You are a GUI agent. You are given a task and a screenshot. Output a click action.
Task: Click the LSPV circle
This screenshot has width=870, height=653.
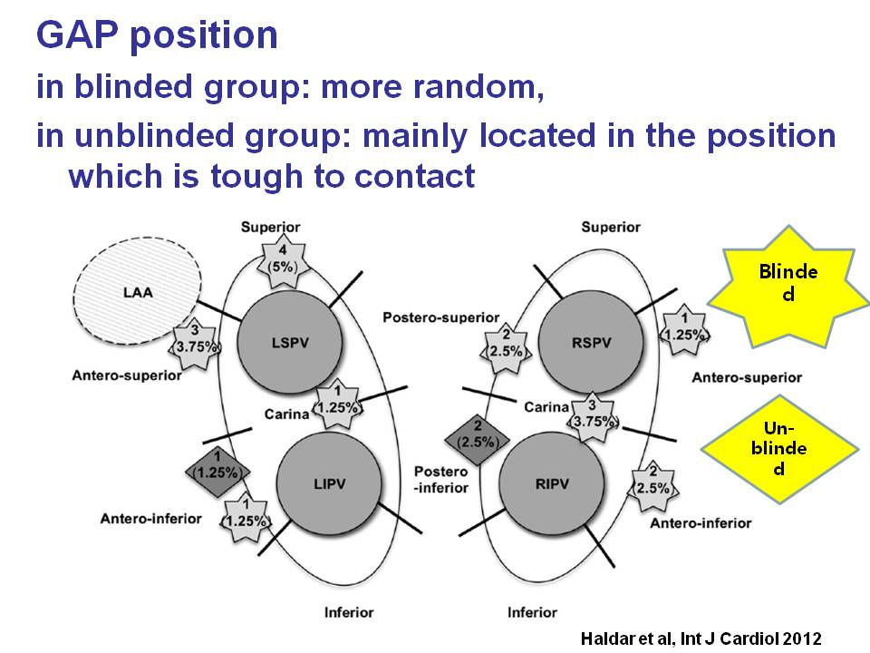tap(290, 341)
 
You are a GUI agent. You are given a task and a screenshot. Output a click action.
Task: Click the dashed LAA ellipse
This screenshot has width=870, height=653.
tap(139, 292)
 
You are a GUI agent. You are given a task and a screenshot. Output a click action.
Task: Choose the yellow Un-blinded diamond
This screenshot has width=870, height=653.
tap(780, 449)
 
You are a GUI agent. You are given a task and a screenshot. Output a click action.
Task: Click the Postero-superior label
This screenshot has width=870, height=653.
tap(441, 318)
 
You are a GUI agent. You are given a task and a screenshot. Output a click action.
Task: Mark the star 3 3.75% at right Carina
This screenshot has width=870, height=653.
tap(592, 413)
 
